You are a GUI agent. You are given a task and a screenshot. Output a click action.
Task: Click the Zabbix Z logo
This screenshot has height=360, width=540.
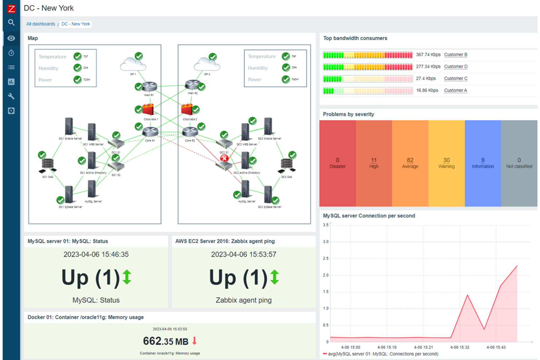[x=11, y=9]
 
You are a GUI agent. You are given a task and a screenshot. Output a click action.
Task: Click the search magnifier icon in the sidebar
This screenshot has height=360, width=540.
[x=11, y=23]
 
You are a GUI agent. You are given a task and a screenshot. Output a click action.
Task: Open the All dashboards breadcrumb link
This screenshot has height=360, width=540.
[x=40, y=24]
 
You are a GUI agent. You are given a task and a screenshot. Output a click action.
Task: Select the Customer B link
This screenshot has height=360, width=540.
[x=455, y=55]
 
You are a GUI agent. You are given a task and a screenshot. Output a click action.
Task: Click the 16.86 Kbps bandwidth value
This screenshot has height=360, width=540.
[x=427, y=90]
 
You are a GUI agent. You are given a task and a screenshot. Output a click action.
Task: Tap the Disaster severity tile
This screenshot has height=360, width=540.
[x=337, y=163]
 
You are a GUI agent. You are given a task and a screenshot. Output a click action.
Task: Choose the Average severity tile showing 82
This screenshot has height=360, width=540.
[x=410, y=163]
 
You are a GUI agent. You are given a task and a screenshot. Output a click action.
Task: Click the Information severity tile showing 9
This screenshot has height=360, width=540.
[x=483, y=163]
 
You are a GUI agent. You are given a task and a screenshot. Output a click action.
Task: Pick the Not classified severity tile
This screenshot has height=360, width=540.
[x=519, y=163]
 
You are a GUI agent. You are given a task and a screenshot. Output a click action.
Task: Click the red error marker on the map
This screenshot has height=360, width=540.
[x=224, y=158]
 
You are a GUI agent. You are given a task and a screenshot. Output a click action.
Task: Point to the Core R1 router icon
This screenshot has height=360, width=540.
[x=150, y=132]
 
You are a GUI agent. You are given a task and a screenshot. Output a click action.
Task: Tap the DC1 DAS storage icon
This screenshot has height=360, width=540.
[x=48, y=166]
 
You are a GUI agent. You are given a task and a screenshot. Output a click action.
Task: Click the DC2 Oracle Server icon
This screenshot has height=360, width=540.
[x=268, y=126]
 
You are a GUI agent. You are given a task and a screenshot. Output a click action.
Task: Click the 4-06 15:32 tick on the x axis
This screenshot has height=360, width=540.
[x=459, y=347]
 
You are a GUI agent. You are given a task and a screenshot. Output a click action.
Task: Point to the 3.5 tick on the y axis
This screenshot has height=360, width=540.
[x=325, y=225]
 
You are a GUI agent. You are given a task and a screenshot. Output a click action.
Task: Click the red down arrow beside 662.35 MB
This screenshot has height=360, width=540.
[x=194, y=341]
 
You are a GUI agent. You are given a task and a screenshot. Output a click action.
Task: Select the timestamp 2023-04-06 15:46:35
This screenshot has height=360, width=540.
[x=96, y=255]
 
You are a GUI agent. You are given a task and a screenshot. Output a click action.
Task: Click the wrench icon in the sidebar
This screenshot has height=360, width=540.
[x=11, y=96]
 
